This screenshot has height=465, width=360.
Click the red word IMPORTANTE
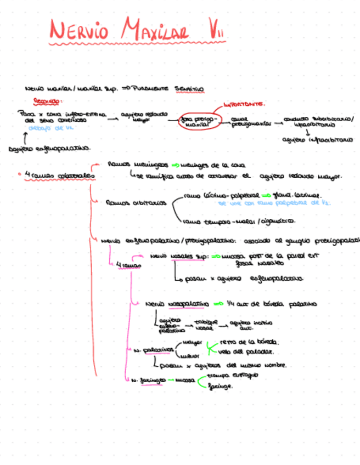244,103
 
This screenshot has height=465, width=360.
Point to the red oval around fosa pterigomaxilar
198,122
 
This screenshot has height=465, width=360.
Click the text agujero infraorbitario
318,140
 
